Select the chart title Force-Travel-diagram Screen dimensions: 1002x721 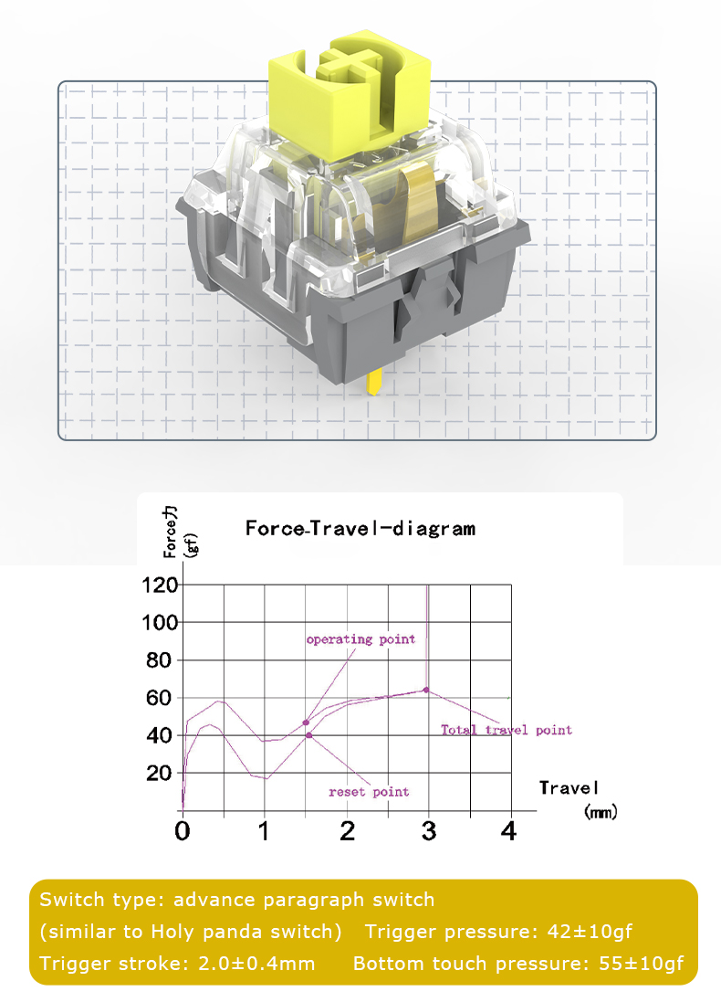(360, 528)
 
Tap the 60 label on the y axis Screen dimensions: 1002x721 (162, 698)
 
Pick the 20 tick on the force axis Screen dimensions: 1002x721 (162, 773)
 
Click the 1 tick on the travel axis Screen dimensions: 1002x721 (264, 830)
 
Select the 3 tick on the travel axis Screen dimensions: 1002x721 (428, 830)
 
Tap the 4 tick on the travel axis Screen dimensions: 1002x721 (509, 830)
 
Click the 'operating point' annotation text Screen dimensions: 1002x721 (360, 639)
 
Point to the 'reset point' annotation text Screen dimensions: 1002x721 (369, 792)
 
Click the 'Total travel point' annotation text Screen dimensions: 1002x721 (507, 730)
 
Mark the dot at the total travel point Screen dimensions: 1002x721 (426, 690)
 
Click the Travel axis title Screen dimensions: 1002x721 (569, 787)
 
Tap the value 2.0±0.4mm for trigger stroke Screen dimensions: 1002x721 (256, 964)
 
